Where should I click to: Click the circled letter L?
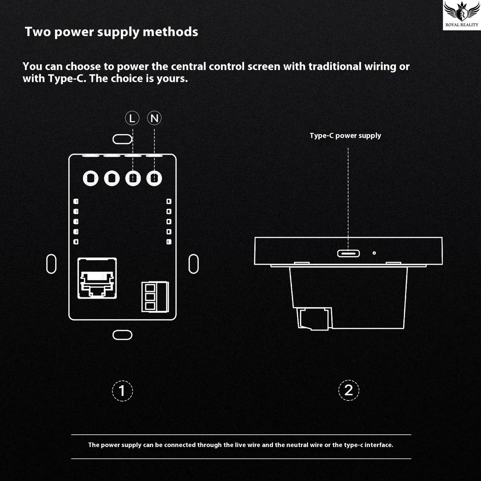pos(132,118)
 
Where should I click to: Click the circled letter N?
pos(154,118)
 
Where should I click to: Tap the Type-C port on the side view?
pos(348,253)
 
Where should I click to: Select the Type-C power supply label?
pos(345,135)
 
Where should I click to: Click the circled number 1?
pos(122,390)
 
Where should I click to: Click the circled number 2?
pos(349,390)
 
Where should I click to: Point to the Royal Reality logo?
pos(462,15)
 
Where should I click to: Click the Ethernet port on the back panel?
pos(97,278)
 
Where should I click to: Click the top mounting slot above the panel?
pos(122,139)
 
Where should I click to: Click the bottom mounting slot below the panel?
pos(122,335)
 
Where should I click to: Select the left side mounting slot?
pos(51,264)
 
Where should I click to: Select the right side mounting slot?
pos(193,264)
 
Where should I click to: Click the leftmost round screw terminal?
pos(91,178)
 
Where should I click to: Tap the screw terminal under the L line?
pos(133,178)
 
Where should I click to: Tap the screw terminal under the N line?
pos(154,178)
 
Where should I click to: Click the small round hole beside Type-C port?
pos(374,253)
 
